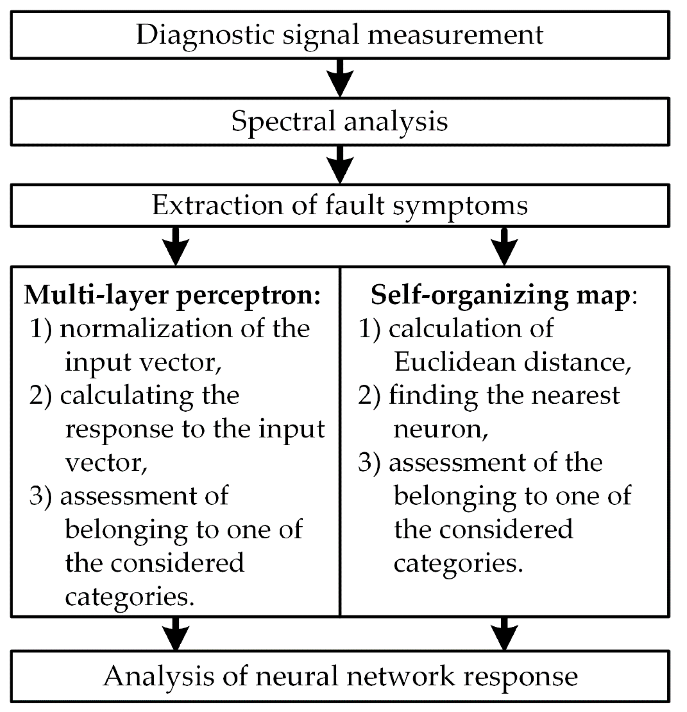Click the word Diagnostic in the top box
pyautogui.click(x=205, y=35)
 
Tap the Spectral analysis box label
pyautogui.click(x=339, y=121)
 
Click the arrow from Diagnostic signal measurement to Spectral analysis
pyautogui.click(x=340, y=78)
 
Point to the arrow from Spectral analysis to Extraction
pyautogui.click(x=340, y=165)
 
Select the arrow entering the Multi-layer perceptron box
pyautogui.click(x=175, y=246)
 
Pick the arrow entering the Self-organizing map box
pyautogui.click(x=504, y=246)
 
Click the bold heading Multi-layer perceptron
pyautogui.click(x=172, y=295)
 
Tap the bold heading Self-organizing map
pyautogui.click(x=500, y=295)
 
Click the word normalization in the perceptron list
pyautogui.click(x=147, y=329)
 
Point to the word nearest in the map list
pyautogui.click(x=577, y=396)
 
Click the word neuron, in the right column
pyautogui.click(x=440, y=429)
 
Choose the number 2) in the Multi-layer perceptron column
pyautogui.click(x=40, y=396)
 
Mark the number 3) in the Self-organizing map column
pyautogui.click(x=369, y=462)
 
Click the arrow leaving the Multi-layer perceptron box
pyautogui.click(x=175, y=634)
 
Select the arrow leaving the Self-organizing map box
pyautogui.click(x=504, y=634)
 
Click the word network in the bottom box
pyautogui.click(x=394, y=676)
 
